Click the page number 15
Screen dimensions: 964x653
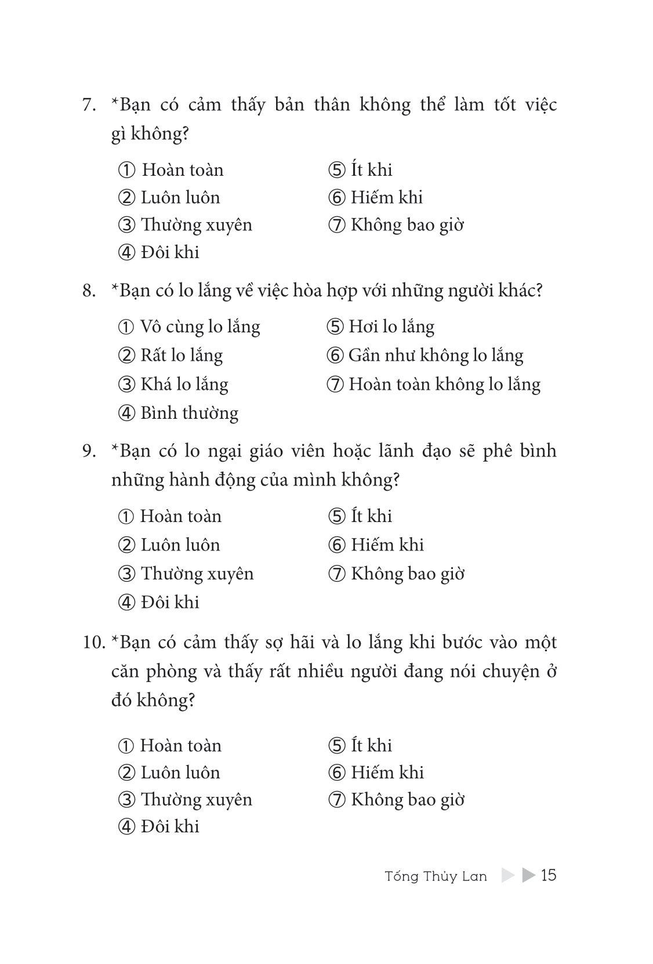click(x=548, y=875)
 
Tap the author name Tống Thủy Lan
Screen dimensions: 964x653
click(x=436, y=876)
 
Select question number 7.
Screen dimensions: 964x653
click(x=89, y=105)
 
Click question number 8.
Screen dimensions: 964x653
click(x=89, y=290)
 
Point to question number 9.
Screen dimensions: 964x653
click(x=89, y=451)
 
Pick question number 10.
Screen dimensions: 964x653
click(x=94, y=642)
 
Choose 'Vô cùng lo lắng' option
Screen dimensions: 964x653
click(x=199, y=327)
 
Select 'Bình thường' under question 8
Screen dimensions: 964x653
click(x=189, y=413)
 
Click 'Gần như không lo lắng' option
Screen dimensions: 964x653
click(x=436, y=355)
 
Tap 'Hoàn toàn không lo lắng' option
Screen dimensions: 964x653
click(x=444, y=384)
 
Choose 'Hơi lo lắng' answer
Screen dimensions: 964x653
click(x=391, y=327)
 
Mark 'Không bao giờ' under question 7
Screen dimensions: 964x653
click(x=407, y=224)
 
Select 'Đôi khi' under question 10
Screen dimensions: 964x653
click(x=169, y=826)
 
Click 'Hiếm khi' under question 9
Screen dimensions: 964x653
click(x=387, y=545)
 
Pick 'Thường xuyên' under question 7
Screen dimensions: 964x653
click(x=196, y=224)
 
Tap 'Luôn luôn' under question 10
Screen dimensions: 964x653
click(x=180, y=772)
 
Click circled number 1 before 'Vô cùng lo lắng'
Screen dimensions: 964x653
click(x=126, y=327)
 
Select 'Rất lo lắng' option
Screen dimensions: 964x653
click(x=181, y=355)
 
